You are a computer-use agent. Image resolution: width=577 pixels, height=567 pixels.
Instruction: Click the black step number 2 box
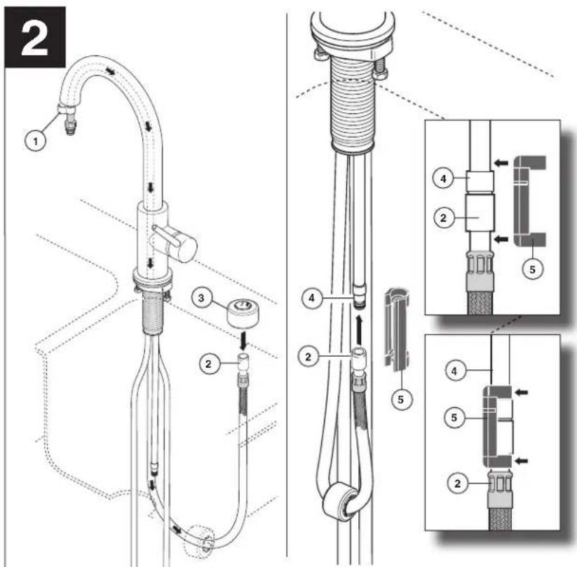coord(35,37)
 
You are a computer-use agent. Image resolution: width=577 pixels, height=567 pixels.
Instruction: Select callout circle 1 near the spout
coord(35,141)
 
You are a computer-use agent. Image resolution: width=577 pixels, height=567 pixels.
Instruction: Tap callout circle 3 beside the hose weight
coord(201,298)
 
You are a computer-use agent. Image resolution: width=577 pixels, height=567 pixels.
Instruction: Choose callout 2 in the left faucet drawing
coord(209,364)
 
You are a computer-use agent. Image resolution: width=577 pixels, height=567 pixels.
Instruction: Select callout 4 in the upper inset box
coord(443,179)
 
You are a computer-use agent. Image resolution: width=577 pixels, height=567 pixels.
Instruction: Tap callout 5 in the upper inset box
coord(532,269)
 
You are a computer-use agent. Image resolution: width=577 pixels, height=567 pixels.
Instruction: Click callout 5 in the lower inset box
coord(454,418)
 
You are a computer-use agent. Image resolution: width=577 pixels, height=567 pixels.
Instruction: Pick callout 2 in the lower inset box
coord(457,483)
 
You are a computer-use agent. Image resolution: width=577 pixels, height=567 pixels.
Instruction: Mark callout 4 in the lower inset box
coord(454,371)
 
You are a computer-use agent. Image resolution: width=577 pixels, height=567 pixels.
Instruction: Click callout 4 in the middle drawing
coord(312,298)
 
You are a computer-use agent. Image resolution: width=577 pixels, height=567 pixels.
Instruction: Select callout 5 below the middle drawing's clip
coord(401,399)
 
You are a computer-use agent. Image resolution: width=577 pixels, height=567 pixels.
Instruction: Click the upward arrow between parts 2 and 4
coord(360,329)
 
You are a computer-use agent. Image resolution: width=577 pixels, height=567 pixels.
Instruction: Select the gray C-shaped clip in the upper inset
coord(530,201)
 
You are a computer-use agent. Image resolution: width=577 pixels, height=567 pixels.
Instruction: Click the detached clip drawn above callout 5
coord(397,328)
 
